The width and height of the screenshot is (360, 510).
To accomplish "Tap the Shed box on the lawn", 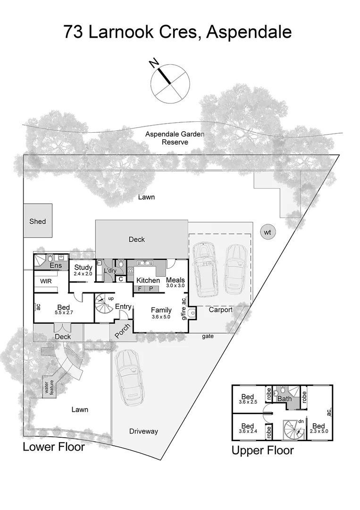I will [x=38, y=221].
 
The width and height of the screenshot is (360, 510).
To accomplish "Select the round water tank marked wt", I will [x=268, y=232].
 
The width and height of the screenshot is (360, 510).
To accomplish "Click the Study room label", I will [x=83, y=268].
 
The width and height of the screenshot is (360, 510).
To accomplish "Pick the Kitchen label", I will [x=148, y=280].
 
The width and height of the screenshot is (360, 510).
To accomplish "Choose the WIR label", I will [x=46, y=281].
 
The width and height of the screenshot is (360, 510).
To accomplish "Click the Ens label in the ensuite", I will [x=55, y=265].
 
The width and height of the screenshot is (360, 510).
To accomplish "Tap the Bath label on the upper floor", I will [x=284, y=399].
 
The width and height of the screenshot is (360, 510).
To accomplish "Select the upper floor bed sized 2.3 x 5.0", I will [x=318, y=428].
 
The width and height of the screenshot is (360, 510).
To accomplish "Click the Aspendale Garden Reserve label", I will [x=175, y=138].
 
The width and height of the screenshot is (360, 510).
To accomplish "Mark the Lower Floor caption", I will [x=54, y=447].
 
